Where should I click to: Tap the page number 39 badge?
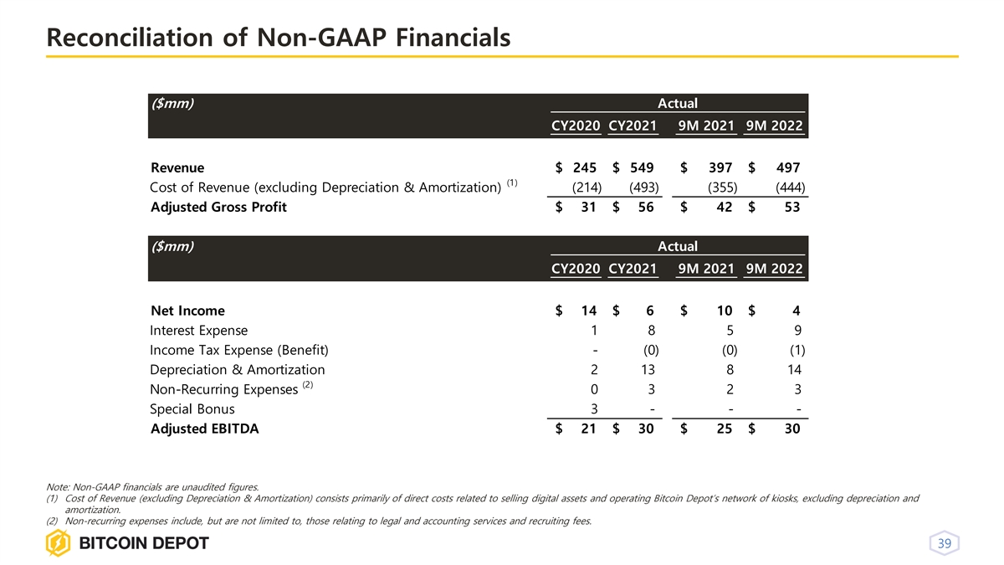click(944, 544)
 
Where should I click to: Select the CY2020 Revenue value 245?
click(584, 167)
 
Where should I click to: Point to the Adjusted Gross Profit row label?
click(218, 208)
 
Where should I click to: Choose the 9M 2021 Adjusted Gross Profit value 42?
click(725, 208)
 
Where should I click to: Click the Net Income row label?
click(187, 311)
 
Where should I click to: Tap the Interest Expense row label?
click(198, 330)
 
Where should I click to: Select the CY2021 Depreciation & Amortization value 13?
click(645, 369)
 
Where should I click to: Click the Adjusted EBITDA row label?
click(204, 429)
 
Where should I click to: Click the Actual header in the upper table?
click(677, 103)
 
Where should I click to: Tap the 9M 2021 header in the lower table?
click(706, 269)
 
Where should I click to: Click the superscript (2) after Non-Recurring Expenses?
click(307, 385)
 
